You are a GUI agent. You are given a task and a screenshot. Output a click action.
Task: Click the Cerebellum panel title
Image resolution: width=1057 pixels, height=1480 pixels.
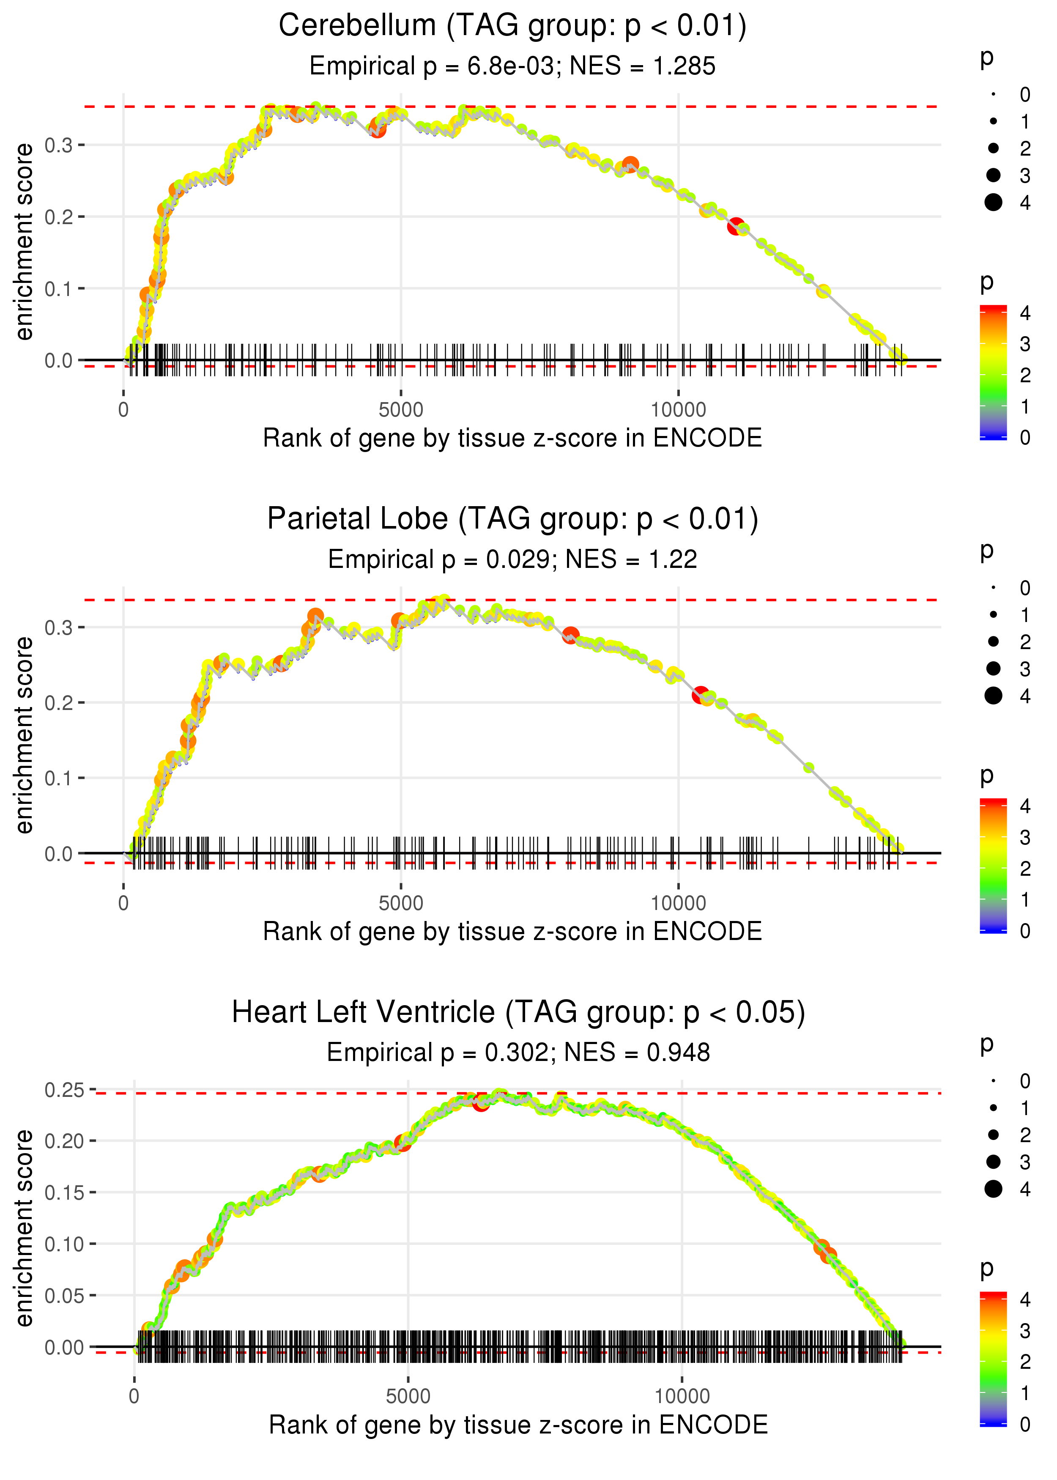point(512,26)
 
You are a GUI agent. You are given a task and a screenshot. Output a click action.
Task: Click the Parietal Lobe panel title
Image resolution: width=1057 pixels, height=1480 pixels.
point(512,519)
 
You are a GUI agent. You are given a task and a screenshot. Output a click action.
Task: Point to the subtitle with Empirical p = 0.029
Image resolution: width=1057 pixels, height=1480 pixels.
point(440,560)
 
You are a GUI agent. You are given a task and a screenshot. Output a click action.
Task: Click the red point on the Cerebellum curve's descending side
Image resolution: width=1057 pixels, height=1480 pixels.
point(736,227)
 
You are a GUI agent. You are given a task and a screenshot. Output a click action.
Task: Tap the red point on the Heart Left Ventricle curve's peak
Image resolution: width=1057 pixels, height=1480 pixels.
point(481,1102)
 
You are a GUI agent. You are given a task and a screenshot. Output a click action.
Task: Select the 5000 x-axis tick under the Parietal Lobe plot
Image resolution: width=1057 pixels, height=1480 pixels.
point(400,903)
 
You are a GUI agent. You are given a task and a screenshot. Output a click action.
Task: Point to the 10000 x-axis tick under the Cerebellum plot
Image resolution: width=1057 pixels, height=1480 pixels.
point(678,410)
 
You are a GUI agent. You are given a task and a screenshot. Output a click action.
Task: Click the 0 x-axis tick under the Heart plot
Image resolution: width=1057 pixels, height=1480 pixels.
point(134,1397)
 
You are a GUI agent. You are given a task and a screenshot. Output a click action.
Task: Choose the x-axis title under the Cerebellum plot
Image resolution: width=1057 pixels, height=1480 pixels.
point(512,439)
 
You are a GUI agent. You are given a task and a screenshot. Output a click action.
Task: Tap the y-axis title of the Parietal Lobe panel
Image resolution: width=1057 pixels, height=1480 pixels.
point(24,735)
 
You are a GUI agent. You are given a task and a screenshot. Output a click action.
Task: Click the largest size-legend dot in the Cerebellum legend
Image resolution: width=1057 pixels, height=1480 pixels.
point(993,203)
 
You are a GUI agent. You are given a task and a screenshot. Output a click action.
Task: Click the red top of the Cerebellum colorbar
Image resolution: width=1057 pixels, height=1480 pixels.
point(993,309)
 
